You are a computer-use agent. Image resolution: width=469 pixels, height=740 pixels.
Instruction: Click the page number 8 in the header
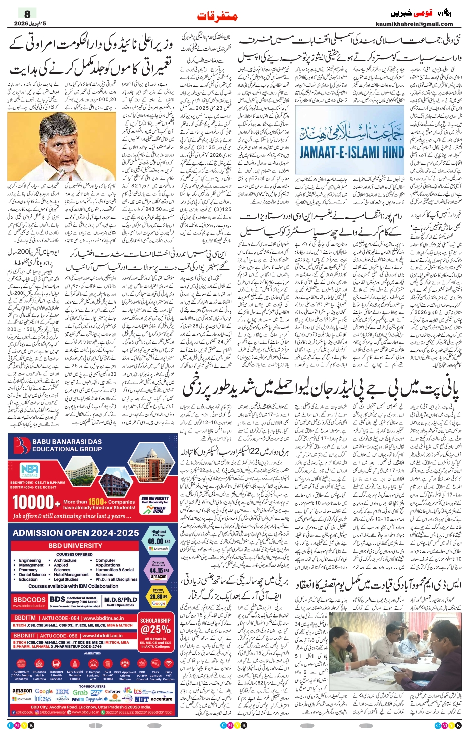(27, 14)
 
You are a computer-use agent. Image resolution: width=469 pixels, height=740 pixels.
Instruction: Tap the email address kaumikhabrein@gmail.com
(414, 24)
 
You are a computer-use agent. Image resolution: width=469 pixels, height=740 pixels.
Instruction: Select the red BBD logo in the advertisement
(22, 445)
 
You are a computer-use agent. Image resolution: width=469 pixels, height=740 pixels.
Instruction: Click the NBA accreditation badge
(29, 471)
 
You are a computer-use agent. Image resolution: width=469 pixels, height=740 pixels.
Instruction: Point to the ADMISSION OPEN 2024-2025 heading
(76, 533)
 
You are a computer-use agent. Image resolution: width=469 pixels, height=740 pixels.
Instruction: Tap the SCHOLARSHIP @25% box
(155, 626)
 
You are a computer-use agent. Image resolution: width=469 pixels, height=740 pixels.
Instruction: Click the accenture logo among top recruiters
(162, 698)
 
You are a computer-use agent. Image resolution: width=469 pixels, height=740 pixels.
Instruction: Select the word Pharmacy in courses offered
(28, 570)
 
